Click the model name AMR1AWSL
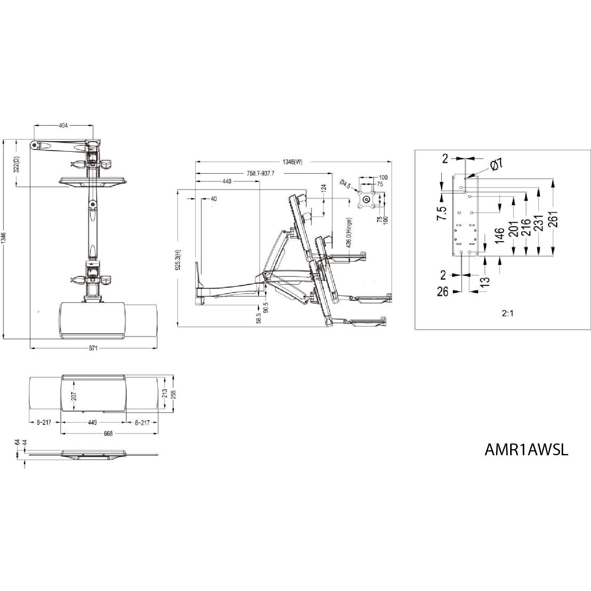(526, 450)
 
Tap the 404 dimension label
(64, 125)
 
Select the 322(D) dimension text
(16, 164)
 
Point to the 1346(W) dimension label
(292, 162)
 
